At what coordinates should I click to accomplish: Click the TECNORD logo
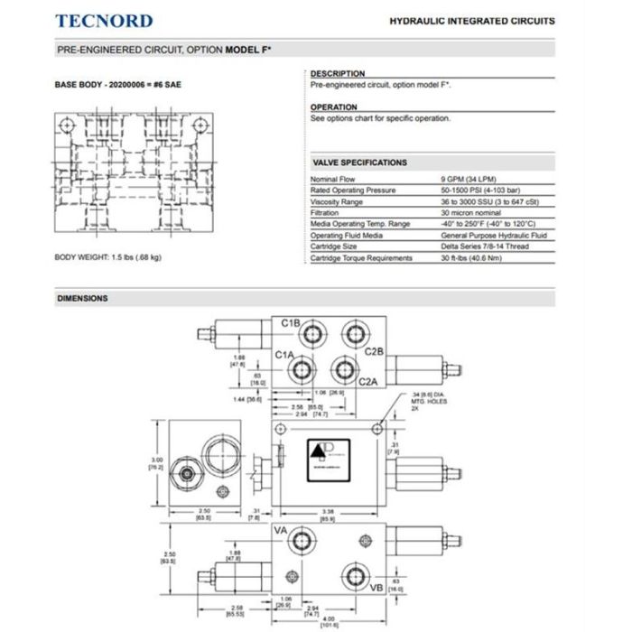pos(105,21)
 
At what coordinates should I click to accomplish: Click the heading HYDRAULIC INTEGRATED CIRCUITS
pos(471,21)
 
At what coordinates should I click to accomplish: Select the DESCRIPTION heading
pos(338,74)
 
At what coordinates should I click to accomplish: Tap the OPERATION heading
pos(334,107)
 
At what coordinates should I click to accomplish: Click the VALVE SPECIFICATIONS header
pos(359,163)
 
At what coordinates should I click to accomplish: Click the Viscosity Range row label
pos(337,202)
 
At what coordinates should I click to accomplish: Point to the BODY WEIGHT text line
pos(108,258)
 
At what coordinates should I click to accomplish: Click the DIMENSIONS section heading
pos(82,298)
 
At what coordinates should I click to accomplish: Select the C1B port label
pos(290,322)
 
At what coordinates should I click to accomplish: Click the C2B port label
pos(375,350)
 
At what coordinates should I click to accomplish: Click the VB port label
pos(376,588)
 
